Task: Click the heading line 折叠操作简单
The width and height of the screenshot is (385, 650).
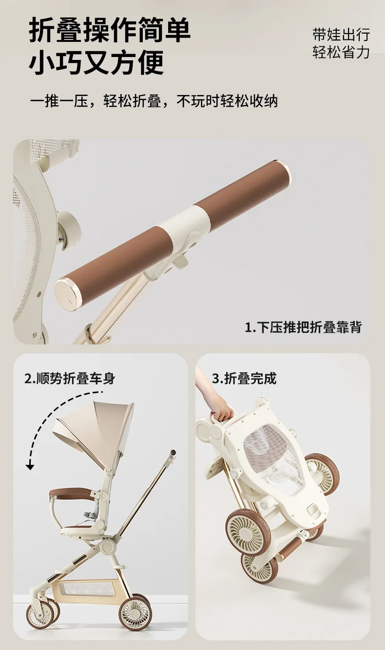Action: pos(109,30)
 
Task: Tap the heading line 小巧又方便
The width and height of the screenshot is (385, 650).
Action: pos(96,62)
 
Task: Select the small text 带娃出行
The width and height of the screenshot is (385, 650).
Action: pos(341,35)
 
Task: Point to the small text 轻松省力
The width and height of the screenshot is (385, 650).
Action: pos(341,52)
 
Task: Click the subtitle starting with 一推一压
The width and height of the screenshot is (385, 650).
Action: pos(154,101)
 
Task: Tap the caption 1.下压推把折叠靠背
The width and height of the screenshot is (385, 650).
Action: pos(304,327)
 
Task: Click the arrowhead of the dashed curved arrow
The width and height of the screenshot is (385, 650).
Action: pos(30,467)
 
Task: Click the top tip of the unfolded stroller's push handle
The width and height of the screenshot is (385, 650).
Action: pos(173,452)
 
